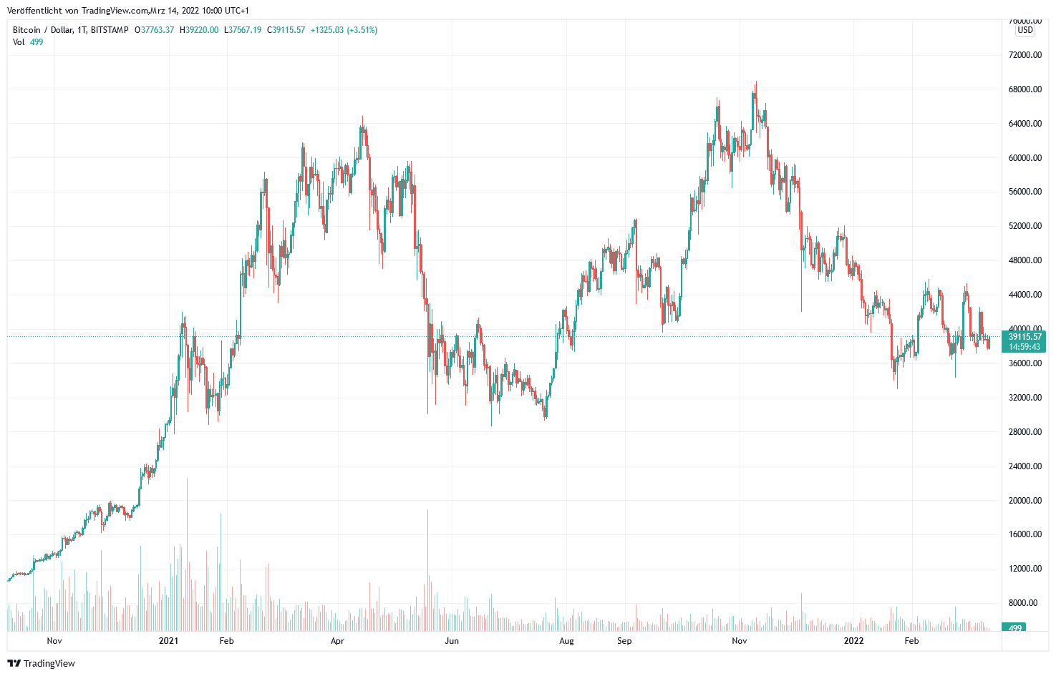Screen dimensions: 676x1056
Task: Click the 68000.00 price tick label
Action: point(1024,89)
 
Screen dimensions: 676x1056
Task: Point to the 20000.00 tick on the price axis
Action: point(1024,501)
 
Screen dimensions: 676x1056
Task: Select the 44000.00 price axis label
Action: point(1024,295)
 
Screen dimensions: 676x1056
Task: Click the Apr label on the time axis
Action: point(337,641)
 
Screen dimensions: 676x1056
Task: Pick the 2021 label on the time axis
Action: point(168,641)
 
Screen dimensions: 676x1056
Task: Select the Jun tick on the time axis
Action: point(452,641)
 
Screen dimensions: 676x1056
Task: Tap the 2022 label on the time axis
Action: point(853,641)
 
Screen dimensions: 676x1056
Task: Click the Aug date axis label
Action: point(566,641)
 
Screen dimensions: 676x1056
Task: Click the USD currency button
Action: point(1025,30)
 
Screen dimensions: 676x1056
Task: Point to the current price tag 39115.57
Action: point(1024,337)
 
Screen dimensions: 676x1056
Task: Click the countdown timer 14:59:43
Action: point(1024,347)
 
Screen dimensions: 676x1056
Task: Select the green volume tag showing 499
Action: point(1014,628)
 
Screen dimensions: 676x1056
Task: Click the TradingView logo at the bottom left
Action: point(41,663)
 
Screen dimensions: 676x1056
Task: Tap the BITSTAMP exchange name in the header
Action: point(110,30)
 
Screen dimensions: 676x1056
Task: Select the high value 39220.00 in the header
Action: point(202,30)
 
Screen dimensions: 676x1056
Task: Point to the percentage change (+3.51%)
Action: point(362,30)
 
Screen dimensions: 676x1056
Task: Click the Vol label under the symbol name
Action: point(19,42)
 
